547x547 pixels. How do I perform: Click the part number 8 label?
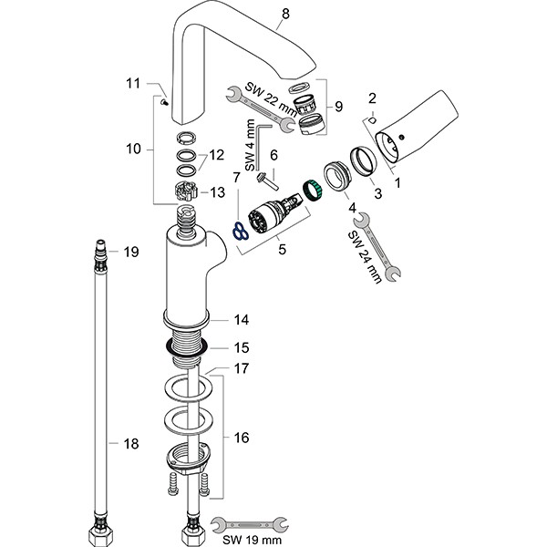(285, 13)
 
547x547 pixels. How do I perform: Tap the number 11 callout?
(133, 84)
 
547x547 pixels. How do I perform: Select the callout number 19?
(130, 252)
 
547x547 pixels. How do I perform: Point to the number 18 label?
(130, 444)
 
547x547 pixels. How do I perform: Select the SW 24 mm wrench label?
(365, 258)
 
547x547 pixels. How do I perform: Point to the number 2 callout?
(372, 98)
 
